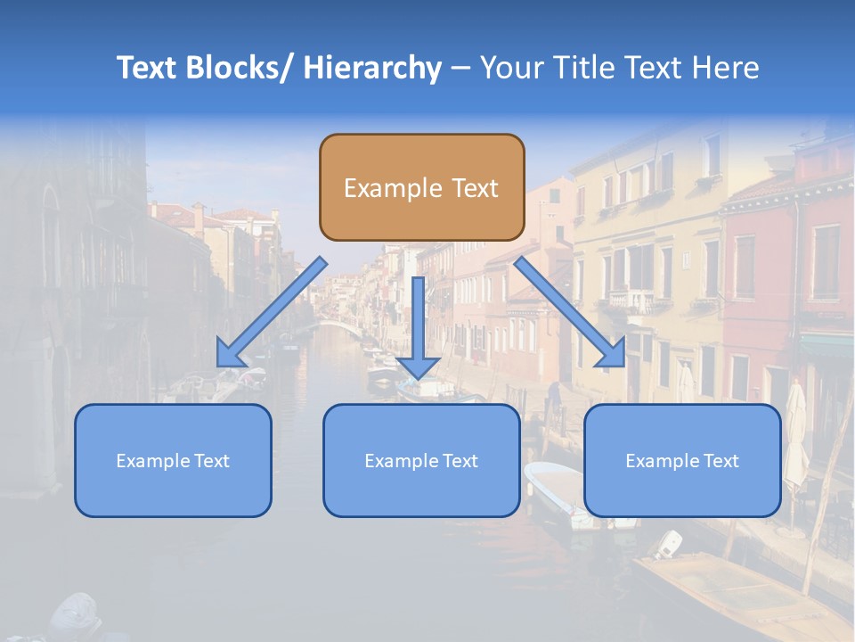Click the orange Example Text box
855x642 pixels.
(x=421, y=187)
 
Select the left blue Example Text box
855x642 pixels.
(x=173, y=460)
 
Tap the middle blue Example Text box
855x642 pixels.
(x=421, y=460)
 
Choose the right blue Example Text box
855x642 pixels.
(x=682, y=460)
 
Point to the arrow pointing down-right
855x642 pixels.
(x=570, y=313)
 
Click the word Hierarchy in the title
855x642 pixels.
(x=372, y=68)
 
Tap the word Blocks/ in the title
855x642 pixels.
(x=241, y=68)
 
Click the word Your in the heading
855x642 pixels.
(x=509, y=68)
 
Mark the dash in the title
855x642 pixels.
(x=460, y=68)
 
